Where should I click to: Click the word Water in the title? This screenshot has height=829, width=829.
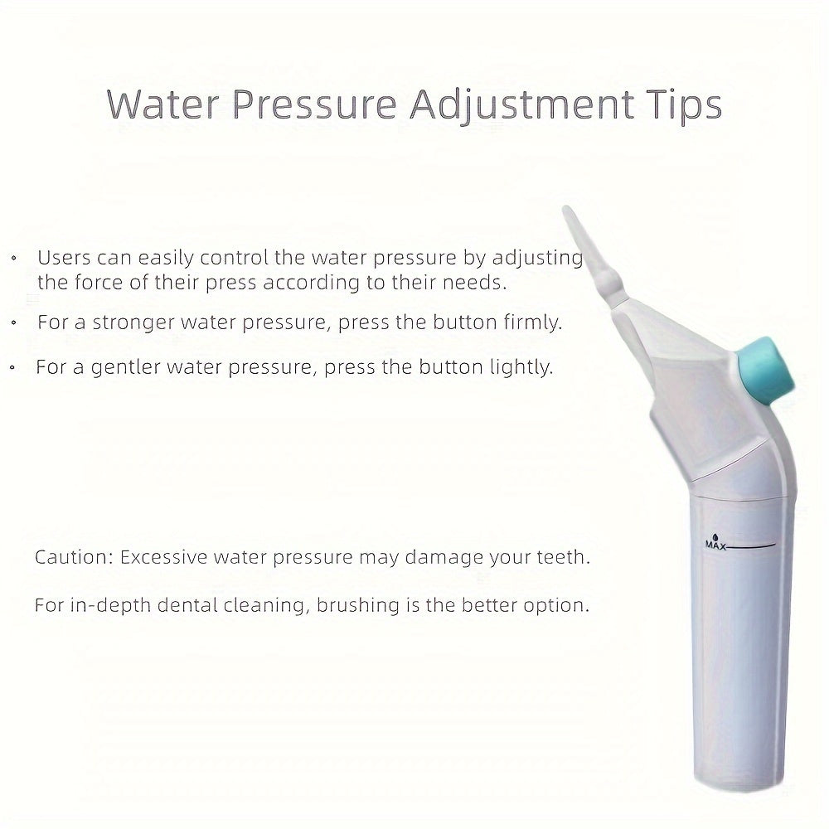[163, 104]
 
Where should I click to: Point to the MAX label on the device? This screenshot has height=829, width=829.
[716, 545]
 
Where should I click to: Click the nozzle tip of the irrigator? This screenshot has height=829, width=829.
[566, 210]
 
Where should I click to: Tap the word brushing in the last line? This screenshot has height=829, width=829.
[358, 605]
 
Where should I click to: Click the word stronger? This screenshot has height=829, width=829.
[133, 322]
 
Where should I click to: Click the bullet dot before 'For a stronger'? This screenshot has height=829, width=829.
[14, 322]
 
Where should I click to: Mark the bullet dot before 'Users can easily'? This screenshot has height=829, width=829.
[14, 259]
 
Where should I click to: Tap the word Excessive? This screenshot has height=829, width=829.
[163, 557]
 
